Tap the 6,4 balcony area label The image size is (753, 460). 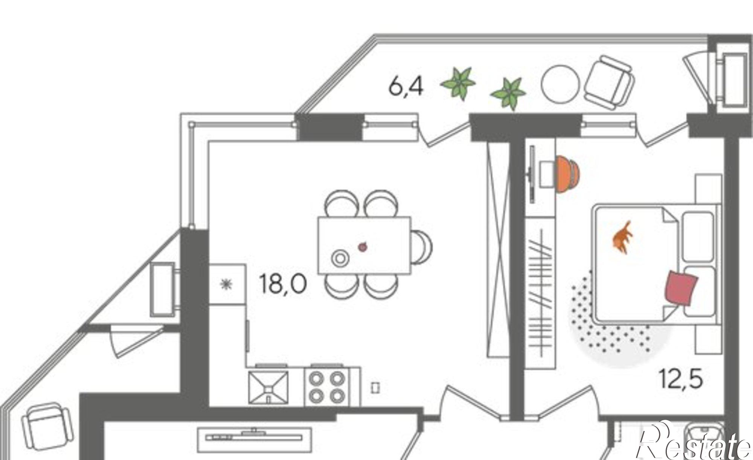pyautogui.click(x=406, y=87)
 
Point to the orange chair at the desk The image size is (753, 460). pyautogui.click(x=568, y=174)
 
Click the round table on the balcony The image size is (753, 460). pyautogui.click(x=560, y=84)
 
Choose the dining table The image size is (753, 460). pyautogui.click(x=364, y=245)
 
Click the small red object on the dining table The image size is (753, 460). pyautogui.click(x=363, y=247)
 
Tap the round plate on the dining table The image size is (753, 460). pyautogui.click(x=340, y=258)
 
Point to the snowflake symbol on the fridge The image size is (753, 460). pyautogui.click(x=226, y=284)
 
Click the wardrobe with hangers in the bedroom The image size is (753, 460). pyautogui.click(x=540, y=293)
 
